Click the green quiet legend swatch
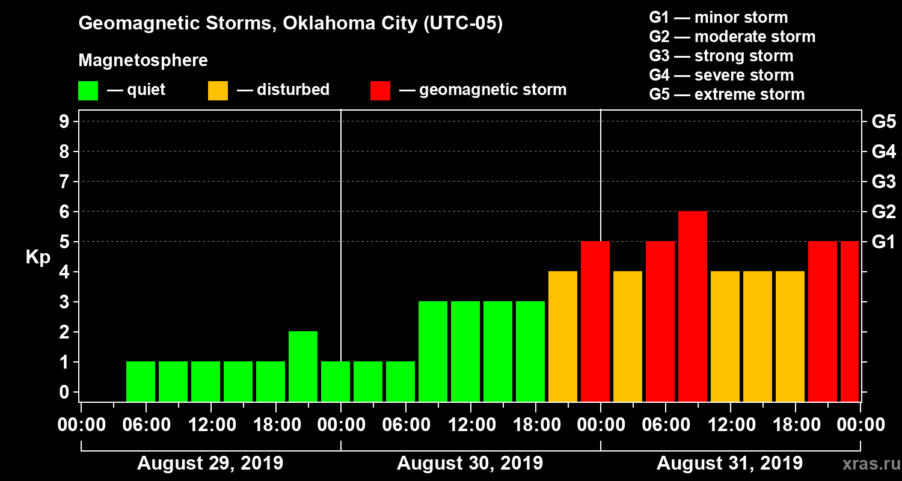[88, 90]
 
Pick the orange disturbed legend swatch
[218, 90]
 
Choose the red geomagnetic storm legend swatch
[380, 90]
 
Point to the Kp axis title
[38, 257]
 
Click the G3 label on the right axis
[883, 182]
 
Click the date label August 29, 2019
[210, 464]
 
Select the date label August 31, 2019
[729, 464]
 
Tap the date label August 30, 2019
[470, 464]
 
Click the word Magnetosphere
[143, 61]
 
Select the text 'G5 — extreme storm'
[726, 94]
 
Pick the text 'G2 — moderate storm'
[732, 37]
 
